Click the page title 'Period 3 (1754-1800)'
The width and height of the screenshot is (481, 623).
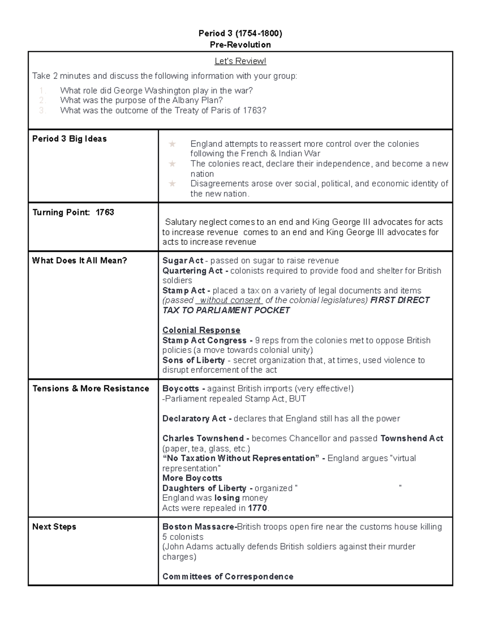(240, 34)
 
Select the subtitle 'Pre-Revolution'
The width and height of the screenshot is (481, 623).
(240, 45)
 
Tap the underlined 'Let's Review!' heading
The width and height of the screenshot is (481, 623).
(240, 61)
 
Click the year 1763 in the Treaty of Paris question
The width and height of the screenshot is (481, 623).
(252, 110)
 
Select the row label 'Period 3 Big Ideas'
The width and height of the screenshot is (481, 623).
(69, 139)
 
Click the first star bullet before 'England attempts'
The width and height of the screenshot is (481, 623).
(172, 144)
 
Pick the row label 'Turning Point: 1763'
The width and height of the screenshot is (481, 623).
(73, 212)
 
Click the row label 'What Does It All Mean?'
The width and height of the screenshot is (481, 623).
(79, 260)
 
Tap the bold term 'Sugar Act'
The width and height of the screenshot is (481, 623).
(183, 261)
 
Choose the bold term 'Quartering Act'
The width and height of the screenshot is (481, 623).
(192, 271)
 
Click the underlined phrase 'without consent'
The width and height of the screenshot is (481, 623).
(230, 300)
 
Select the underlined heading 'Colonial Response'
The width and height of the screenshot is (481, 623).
(201, 330)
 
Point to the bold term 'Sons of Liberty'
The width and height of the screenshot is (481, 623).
(193, 360)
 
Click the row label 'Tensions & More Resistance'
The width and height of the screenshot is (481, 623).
(91, 388)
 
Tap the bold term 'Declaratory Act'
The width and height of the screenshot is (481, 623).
(194, 418)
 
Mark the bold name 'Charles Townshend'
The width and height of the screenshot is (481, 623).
(203, 438)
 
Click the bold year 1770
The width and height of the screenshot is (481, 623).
(257, 508)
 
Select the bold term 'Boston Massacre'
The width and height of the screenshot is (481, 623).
(199, 527)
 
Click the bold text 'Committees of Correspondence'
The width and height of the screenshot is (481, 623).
(228, 576)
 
